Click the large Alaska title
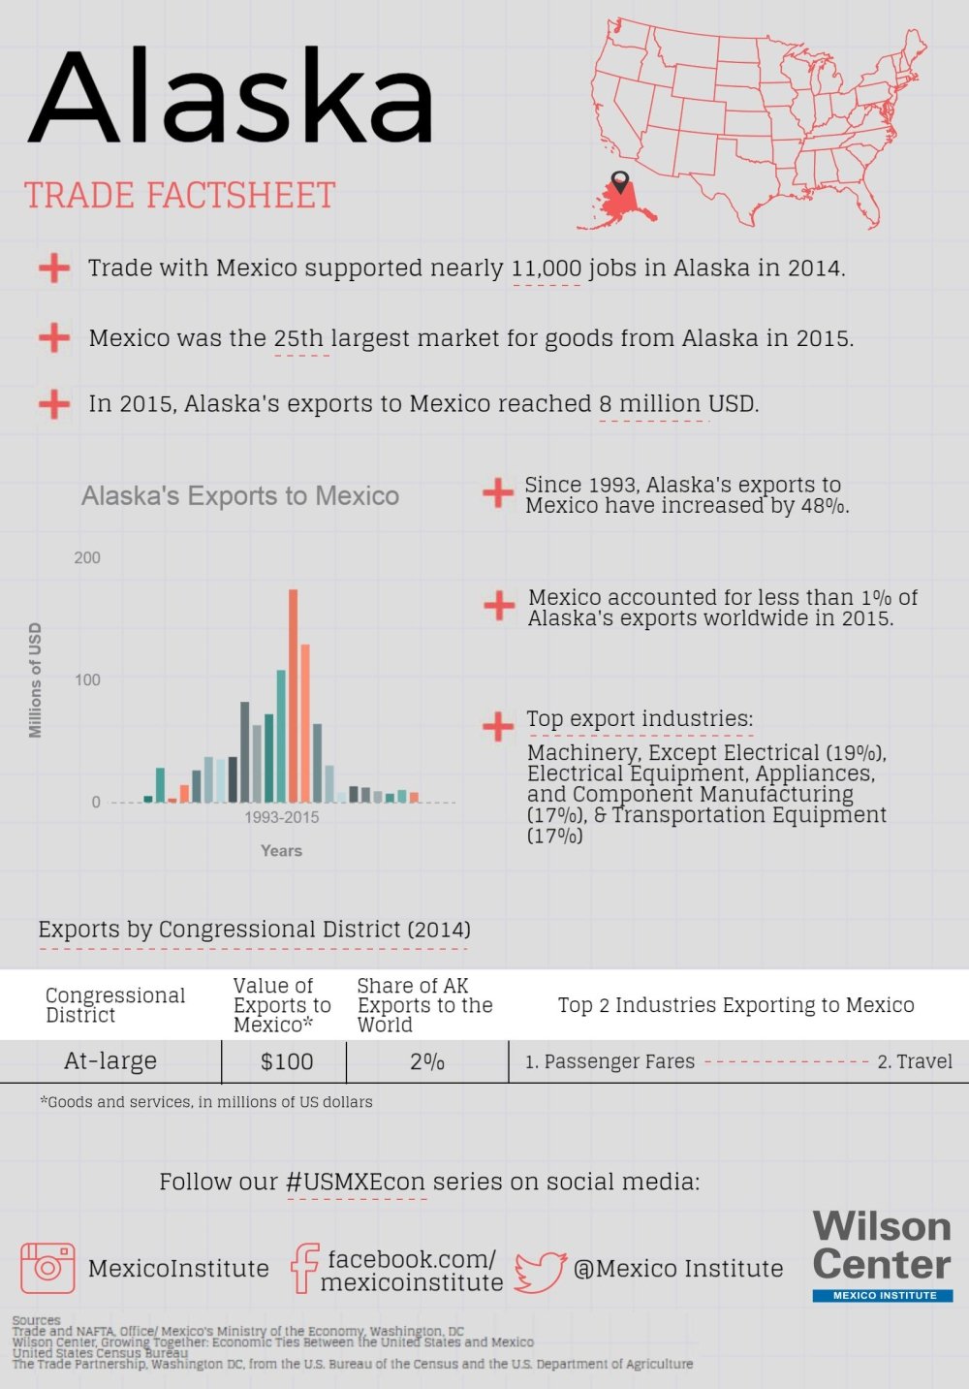(231, 99)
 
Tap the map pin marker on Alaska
(620, 181)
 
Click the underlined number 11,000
(547, 268)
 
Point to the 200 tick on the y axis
(87, 557)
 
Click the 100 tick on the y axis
(87, 679)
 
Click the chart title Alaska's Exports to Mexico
(240, 496)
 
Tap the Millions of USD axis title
(36, 680)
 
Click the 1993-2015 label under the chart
(281, 817)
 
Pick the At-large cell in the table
(110, 1061)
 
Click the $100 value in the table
(287, 1062)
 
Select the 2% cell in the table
(427, 1062)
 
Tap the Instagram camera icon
(47, 1267)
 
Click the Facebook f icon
(304, 1268)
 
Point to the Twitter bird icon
(541, 1271)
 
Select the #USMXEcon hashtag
(357, 1183)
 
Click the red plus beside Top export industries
(498, 726)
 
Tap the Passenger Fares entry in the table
(610, 1062)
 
